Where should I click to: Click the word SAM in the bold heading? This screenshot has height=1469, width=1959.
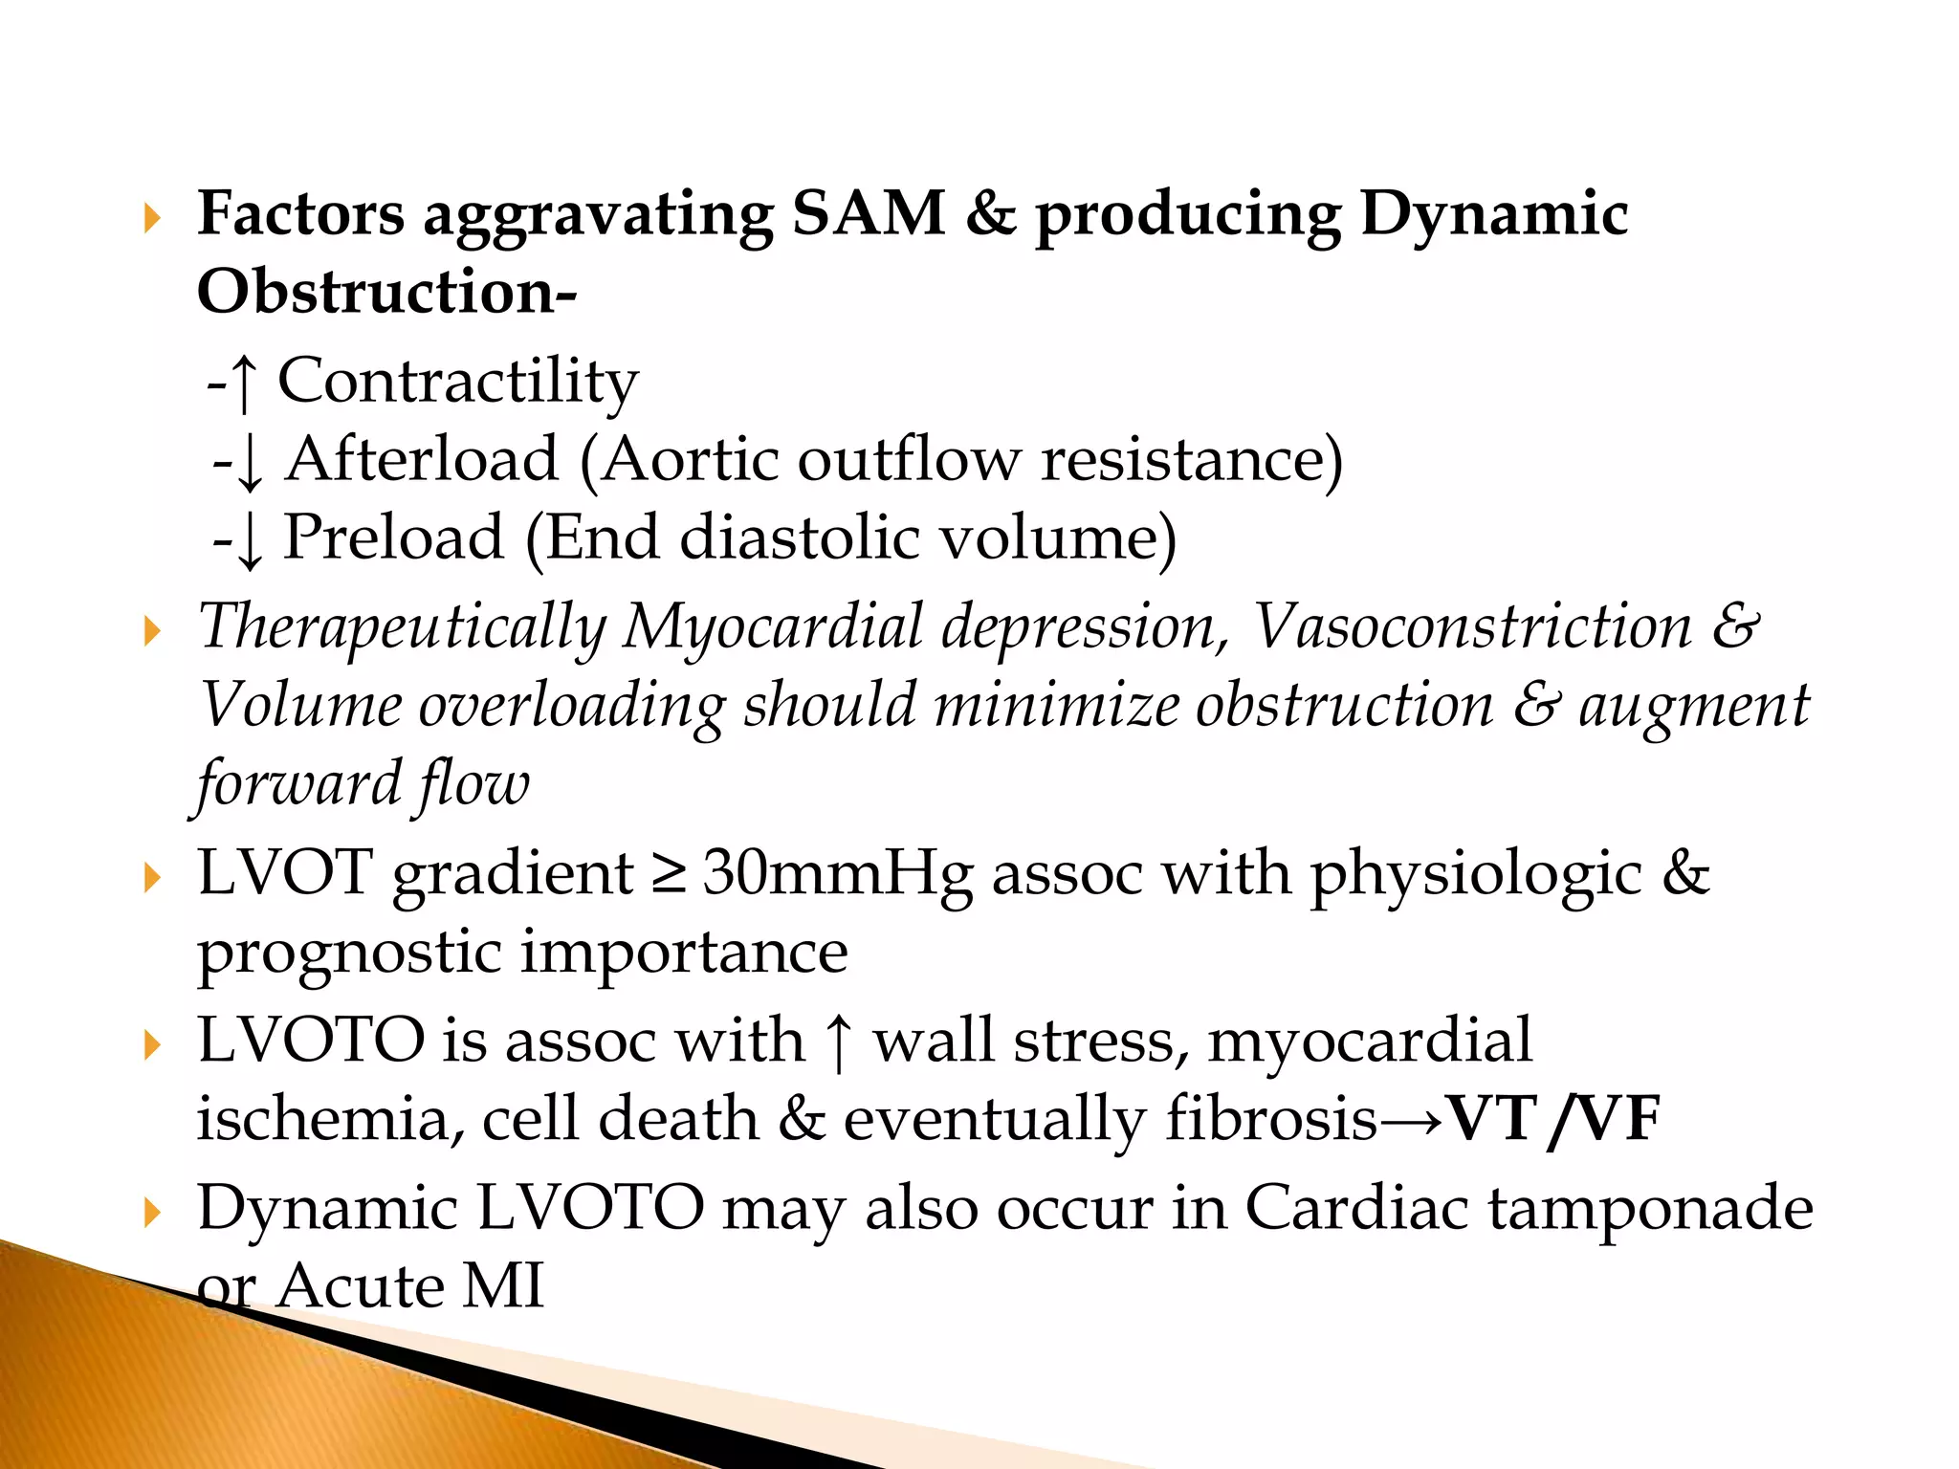(868, 213)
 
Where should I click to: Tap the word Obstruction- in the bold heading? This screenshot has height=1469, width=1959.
(386, 292)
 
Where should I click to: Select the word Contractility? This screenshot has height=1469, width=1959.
(457, 382)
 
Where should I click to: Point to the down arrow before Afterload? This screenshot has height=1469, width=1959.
(249, 462)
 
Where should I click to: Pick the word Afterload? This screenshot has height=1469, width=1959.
(422, 459)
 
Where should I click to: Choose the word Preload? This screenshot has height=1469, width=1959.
(393, 537)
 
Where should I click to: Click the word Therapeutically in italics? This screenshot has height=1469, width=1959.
(403, 628)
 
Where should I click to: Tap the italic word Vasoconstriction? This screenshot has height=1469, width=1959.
(1472, 626)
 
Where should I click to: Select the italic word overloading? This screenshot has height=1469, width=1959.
(571, 706)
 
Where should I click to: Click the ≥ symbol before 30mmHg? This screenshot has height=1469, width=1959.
(669, 875)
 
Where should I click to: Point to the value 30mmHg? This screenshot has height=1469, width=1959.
(838, 874)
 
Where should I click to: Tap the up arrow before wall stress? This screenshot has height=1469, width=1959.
(838, 1043)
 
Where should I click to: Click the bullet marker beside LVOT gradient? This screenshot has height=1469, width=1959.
(152, 877)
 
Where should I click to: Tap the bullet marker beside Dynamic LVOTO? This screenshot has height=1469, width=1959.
(152, 1213)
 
